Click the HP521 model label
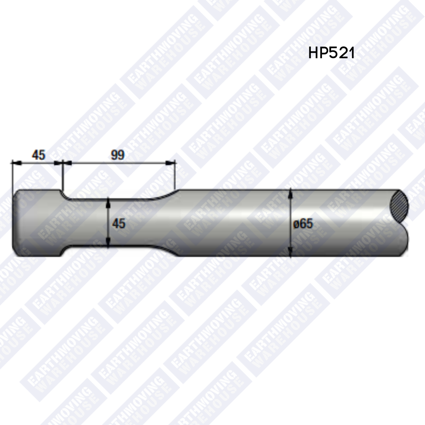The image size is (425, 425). coord(331,53)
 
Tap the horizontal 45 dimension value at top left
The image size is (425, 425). coord(39,155)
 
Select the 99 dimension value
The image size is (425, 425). coord(117,155)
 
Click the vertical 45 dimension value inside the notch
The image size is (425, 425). coord(118,224)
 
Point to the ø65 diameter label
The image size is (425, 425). coord(303,224)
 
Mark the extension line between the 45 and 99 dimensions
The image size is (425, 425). coord(63,175)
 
